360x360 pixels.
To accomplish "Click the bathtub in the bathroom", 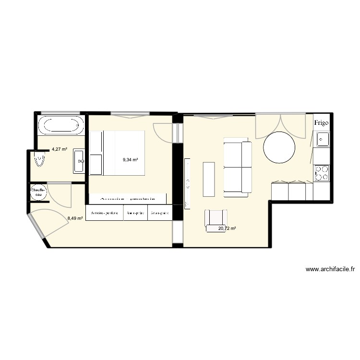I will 60,126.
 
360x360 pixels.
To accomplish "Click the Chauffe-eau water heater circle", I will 38,193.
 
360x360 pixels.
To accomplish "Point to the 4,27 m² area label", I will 59,149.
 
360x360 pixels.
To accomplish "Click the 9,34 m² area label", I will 130,160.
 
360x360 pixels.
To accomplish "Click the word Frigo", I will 322,123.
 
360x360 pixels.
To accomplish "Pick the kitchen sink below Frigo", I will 321,140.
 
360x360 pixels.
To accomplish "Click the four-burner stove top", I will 321,173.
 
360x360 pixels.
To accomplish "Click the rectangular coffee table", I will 209,179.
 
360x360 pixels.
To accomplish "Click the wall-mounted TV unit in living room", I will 187,182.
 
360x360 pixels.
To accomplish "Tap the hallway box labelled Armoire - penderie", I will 105,213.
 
